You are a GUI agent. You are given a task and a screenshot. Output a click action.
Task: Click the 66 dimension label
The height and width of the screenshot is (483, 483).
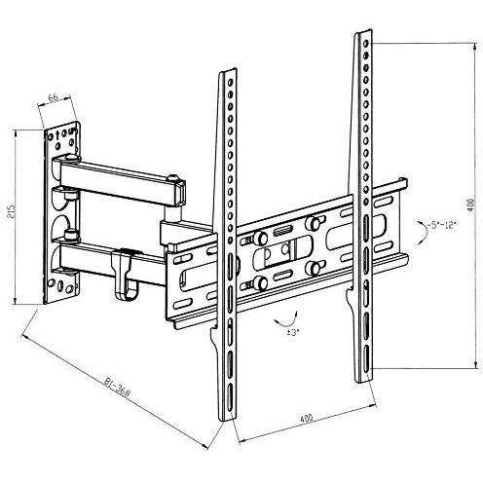[54, 96]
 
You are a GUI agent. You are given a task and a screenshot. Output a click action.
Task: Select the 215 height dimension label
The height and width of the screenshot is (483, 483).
[12, 211]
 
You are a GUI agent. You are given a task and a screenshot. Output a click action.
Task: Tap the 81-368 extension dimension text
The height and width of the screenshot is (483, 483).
[117, 387]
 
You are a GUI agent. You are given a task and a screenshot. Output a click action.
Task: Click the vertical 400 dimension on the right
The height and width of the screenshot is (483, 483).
[470, 205]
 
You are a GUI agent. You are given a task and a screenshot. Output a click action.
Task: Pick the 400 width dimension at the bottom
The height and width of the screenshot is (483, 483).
[306, 418]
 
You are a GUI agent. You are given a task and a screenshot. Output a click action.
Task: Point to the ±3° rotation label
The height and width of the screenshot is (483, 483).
[293, 332]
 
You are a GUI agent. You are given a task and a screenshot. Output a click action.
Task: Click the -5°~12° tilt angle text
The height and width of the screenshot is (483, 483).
[442, 225]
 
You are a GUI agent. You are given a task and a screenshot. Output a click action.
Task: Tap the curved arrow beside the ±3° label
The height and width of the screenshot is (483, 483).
[285, 320]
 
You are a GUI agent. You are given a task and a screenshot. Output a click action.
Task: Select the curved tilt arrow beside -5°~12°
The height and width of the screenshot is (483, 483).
[422, 232]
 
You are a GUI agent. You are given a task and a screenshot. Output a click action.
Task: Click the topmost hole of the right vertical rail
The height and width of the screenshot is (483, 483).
[366, 43]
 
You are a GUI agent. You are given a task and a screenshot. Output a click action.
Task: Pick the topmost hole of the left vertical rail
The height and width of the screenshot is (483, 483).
[230, 82]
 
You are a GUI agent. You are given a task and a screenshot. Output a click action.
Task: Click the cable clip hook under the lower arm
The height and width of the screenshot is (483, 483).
[123, 275]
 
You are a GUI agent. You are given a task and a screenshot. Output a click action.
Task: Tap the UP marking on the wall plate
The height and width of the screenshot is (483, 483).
[72, 131]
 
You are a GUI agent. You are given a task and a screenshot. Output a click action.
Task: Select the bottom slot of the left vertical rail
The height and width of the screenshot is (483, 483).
[230, 398]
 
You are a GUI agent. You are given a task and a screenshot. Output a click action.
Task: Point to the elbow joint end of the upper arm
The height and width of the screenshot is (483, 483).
[177, 192]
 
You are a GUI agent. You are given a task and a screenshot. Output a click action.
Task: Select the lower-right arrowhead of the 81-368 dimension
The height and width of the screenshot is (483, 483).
[204, 446]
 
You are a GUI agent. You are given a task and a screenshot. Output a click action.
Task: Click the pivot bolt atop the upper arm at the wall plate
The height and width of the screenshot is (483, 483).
[72, 158]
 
